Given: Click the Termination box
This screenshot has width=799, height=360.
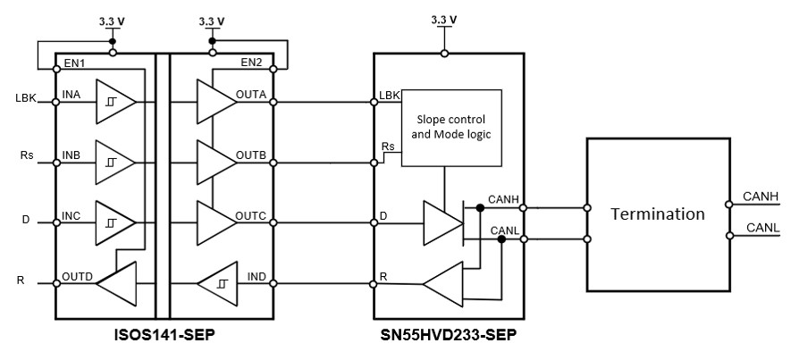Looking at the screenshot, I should [657, 214].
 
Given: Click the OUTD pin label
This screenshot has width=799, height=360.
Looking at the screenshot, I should [78, 277].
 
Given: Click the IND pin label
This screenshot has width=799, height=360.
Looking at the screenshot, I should [256, 277].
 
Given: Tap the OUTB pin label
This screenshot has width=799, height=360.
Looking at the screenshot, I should [252, 155].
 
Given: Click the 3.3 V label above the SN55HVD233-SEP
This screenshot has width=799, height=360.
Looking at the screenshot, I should [444, 20].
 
